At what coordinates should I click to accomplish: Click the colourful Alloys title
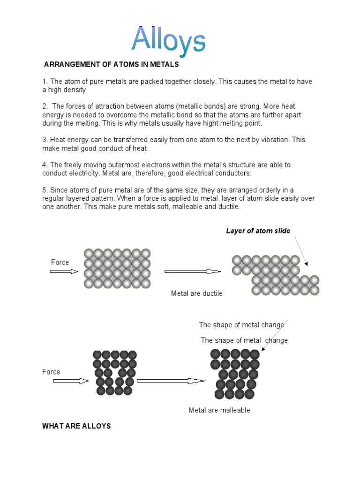tap(168, 40)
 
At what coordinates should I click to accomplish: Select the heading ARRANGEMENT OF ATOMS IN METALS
tap(112, 65)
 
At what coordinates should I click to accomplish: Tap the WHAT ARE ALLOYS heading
tap(76, 426)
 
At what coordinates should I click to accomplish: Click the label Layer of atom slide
tap(258, 231)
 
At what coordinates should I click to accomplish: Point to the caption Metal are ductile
tap(197, 293)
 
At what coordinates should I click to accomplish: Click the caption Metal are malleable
tap(219, 410)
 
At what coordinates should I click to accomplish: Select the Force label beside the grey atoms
tap(60, 262)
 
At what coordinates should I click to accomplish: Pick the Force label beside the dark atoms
tap(51, 372)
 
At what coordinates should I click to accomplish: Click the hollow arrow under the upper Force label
tap(64, 271)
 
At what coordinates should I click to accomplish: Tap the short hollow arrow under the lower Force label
tap(71, 381)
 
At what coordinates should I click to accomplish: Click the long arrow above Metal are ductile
tap(192, 271)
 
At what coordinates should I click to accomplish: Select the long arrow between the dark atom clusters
tap(171, 381)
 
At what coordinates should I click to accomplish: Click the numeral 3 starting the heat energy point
tap(45, 140)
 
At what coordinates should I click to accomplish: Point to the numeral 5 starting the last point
tap(45, 190)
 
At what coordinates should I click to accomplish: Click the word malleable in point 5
tap(184, 207)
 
